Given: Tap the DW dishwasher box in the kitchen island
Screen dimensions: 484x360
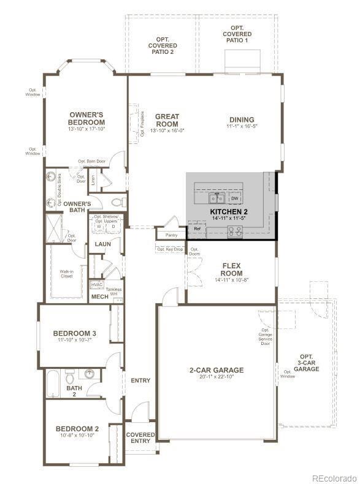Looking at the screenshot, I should pyautogui.click(x=235, y=199).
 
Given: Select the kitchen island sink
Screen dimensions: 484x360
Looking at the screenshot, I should pyautogui.click(x=215, y=198).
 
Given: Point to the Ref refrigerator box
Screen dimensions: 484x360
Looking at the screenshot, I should pyautogui.click(x=197, y=229).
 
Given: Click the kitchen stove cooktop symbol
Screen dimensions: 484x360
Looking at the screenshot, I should pyautogui.click(x=235, y=231).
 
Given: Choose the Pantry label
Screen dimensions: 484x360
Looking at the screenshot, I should pyautogui.click(x=171, y=235).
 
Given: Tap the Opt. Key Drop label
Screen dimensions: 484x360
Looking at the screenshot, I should pyautogui.click(x=170, y=249).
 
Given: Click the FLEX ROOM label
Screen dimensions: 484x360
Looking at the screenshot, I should pyautogui.click(x=232, y=270).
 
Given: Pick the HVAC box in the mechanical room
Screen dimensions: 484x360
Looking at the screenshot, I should pyautogui.click(x=97, y=285).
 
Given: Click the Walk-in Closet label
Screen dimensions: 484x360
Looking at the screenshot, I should pyautogui.click(x=67, y=273).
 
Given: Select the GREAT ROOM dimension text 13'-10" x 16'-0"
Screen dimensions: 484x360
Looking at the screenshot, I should pyautogui.click(x=167, y=130).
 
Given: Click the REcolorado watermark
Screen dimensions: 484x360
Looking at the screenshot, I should pyautogui.click(x=334, y=478).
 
